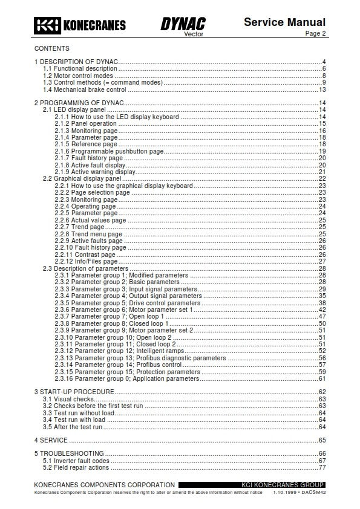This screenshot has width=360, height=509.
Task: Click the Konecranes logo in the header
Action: click(80, 25)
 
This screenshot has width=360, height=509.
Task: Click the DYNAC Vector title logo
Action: click(183, 25)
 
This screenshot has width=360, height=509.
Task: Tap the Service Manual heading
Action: click(284, 22)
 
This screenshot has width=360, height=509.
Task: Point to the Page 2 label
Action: click(315, 34)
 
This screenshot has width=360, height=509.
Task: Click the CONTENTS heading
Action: click(51, 48)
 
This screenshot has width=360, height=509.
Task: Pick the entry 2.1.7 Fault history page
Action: click(88, 158)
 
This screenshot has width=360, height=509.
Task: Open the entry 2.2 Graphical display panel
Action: click(82, 179)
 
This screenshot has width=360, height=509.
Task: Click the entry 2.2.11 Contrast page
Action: click(85, 254)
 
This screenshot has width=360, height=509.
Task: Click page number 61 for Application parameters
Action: click(322, 379)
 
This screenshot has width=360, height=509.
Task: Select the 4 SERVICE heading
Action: click(51, 440)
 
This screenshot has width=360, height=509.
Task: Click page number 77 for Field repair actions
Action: click(322, 467)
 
